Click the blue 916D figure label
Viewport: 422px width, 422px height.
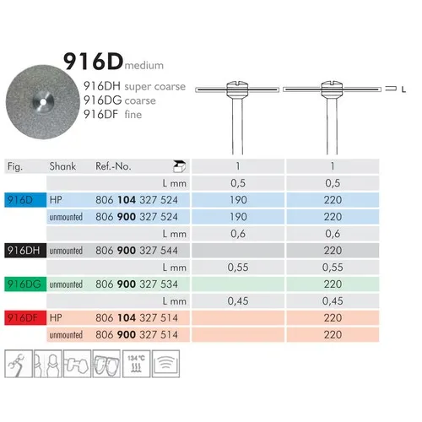(x=25, y=200)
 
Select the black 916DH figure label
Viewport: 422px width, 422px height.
(x=25, y=251)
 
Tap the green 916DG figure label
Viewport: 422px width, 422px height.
(x=25, y=284)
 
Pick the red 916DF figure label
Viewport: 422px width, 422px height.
(x=25, y=318)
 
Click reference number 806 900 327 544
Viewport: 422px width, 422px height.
(x=137, y=251)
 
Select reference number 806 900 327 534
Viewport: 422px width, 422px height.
(x=137, y=284)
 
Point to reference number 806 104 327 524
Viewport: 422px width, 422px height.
(x=137, y=200)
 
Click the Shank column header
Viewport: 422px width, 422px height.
(x=62, y=166)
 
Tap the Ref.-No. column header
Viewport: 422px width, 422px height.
(x=113, y=166)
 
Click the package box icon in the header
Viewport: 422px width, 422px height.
(x=179, y=166)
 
